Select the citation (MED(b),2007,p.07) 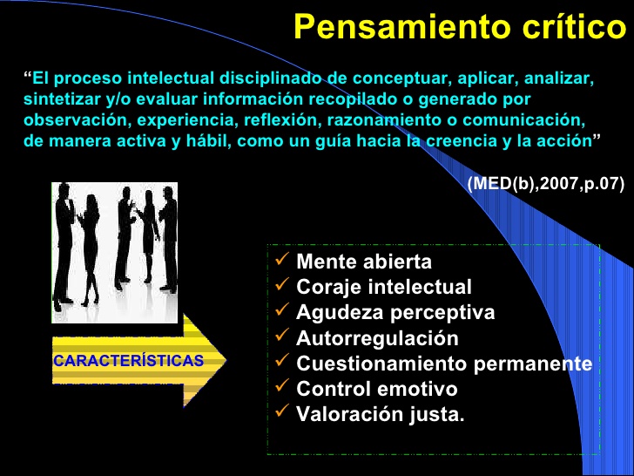coord(545,185)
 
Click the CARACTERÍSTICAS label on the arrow coord(128,360)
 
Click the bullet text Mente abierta coord(364,262)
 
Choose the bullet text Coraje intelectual coord(384,287)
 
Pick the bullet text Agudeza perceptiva coord(395,312)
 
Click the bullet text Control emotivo coord(376,389)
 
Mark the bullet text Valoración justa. coord(381,415)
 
